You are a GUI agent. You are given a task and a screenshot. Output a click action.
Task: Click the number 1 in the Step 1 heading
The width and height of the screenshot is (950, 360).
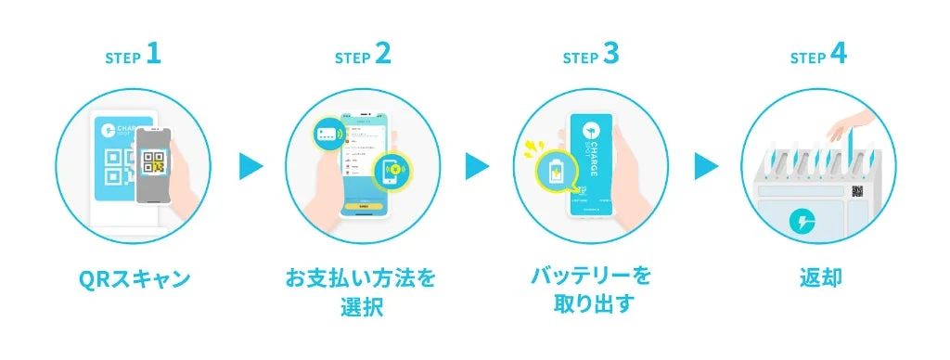pos(154,55)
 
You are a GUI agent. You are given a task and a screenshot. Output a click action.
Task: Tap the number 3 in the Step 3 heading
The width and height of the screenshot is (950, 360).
pos(610,55)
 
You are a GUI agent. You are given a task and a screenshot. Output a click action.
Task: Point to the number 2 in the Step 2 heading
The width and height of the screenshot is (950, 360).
pos(382,55)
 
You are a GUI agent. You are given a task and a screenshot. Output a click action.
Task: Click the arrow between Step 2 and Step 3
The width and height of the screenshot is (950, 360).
pos(478,167)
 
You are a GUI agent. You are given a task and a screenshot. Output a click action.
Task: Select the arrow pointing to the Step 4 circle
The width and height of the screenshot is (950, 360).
pos(706,167)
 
